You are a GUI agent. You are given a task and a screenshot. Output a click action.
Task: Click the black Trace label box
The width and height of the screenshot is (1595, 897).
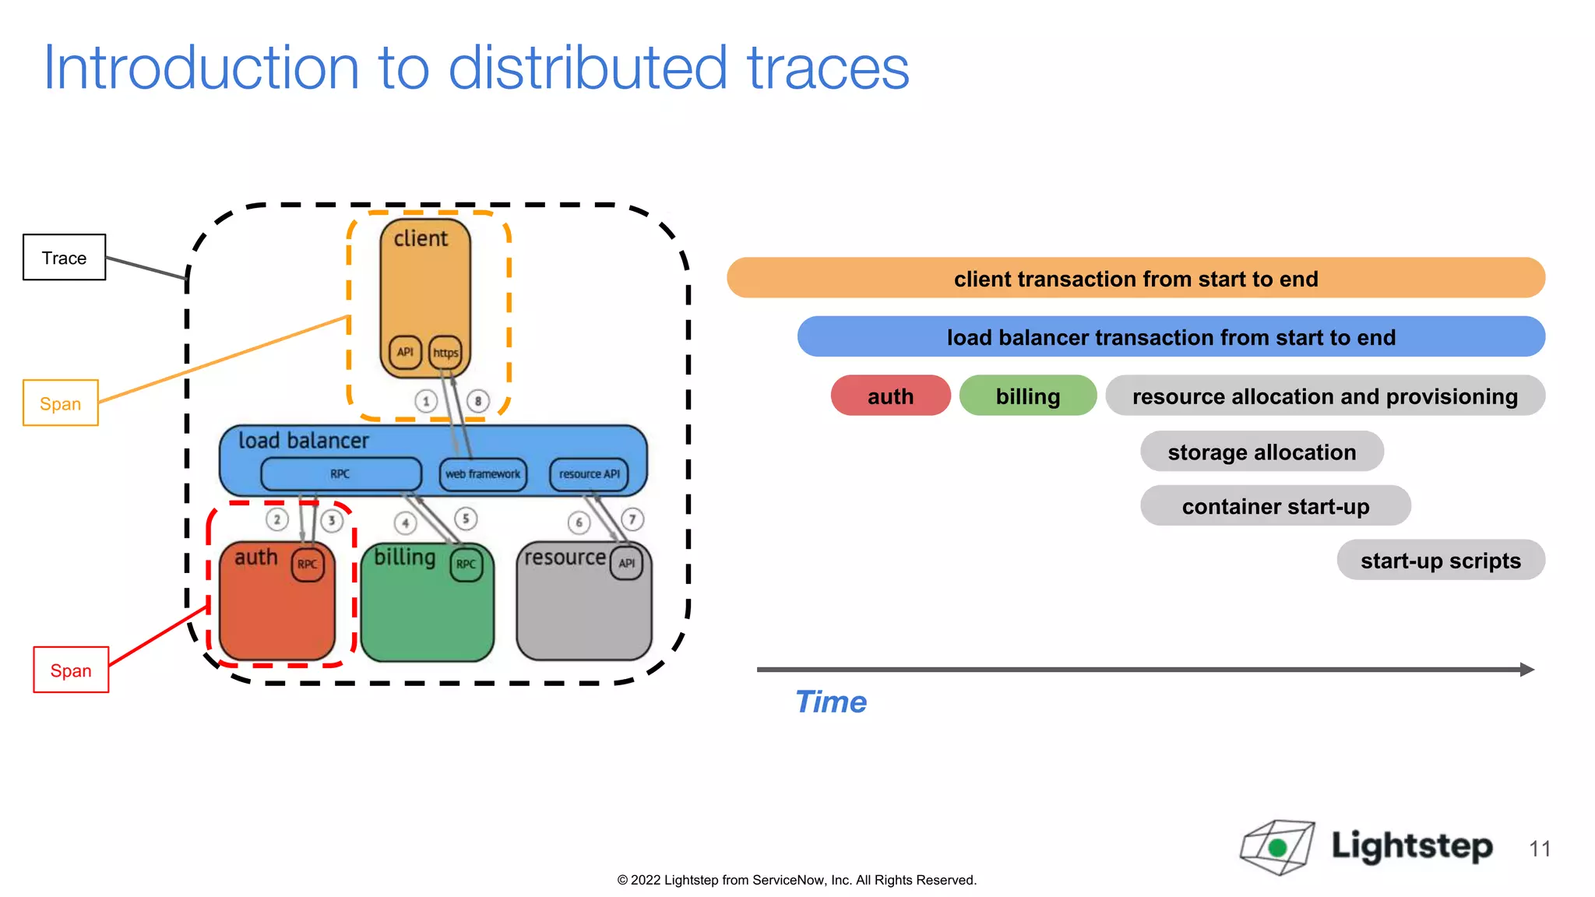pos(64,258)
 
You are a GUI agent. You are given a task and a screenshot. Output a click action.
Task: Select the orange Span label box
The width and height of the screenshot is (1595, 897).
pos(61,403)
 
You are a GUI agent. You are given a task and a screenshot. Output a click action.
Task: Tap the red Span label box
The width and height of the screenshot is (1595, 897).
pos(71,670)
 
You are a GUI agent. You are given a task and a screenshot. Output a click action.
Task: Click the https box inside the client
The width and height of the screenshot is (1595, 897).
pos(445,353)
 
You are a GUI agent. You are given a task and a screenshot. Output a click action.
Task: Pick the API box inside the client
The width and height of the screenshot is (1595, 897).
pos(405,352)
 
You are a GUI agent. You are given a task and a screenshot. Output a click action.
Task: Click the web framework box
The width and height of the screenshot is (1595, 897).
pos(483,474)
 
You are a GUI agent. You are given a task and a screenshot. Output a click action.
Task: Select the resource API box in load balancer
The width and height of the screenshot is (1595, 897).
pos(589,474)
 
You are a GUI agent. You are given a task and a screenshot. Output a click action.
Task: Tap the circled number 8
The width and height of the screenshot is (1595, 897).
pos(478,402)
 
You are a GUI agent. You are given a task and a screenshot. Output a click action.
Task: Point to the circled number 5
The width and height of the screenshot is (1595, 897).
pos(466,519)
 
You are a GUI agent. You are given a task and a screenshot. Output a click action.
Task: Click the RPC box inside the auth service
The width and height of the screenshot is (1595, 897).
pos(308,565)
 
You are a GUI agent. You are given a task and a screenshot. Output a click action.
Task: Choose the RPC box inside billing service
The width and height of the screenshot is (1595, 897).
pos(466,565)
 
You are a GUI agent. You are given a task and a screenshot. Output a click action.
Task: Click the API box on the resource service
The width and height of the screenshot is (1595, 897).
pos(627,564)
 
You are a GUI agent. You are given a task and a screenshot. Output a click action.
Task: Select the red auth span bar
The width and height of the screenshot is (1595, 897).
pos(890,396)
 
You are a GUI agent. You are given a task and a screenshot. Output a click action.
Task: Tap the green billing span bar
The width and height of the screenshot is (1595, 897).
pos(1027,396)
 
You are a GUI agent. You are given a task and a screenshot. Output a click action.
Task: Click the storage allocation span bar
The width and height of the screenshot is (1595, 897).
pos(1261,452)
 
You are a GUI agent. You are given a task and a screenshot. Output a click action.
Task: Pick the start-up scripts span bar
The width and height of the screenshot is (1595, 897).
pos(1440,561)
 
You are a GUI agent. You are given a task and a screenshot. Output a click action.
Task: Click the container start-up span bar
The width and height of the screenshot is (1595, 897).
pos(1275,507)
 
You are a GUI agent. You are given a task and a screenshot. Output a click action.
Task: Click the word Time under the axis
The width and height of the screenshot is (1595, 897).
pos(830,702)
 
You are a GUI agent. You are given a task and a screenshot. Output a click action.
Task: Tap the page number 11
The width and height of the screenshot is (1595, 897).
pos(1540,849)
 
